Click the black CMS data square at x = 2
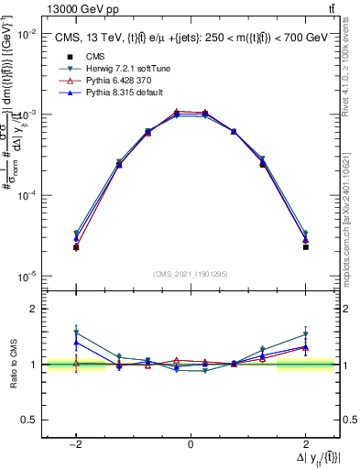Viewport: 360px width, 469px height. pos(305,247)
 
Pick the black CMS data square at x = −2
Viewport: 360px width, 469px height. pos(76,247)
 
